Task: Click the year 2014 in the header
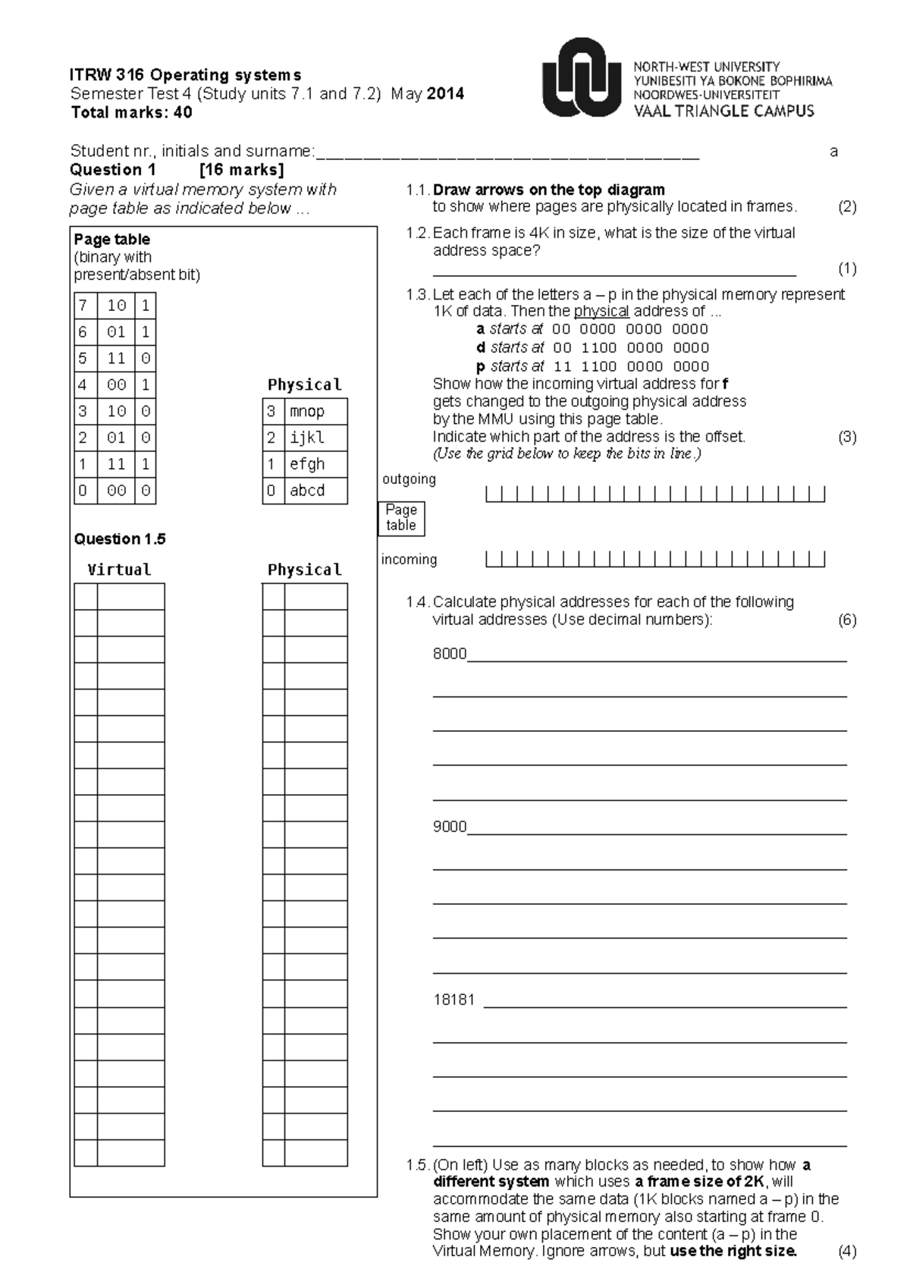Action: [x=445, y=94]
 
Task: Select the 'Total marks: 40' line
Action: [x=131, y=113]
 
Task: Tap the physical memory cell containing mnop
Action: [x=315, y=412]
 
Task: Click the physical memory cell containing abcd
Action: [x=315, y=491]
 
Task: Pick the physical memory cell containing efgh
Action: [x=315, y=464]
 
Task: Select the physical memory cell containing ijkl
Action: [x=315, y=438]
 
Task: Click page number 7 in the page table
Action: [x=83, y=306]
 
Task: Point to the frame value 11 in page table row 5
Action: [x=116, y=359]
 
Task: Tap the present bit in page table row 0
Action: [x=146, y=491]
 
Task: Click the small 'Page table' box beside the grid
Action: [x=401, y=518]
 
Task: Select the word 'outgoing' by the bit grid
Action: [x=409, y=479]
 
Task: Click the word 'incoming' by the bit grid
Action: [x=409, y=560]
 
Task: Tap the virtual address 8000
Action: [x=449, y=654]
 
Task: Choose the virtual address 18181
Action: [x=453, y=1000]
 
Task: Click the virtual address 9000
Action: [x=449, y=827]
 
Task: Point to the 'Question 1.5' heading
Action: [x=120, y=539]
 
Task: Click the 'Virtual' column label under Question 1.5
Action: [x=119, y=570]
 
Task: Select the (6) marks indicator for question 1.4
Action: [x=847, y=620]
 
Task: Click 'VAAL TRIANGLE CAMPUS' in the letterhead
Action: [x=723, y=112]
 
